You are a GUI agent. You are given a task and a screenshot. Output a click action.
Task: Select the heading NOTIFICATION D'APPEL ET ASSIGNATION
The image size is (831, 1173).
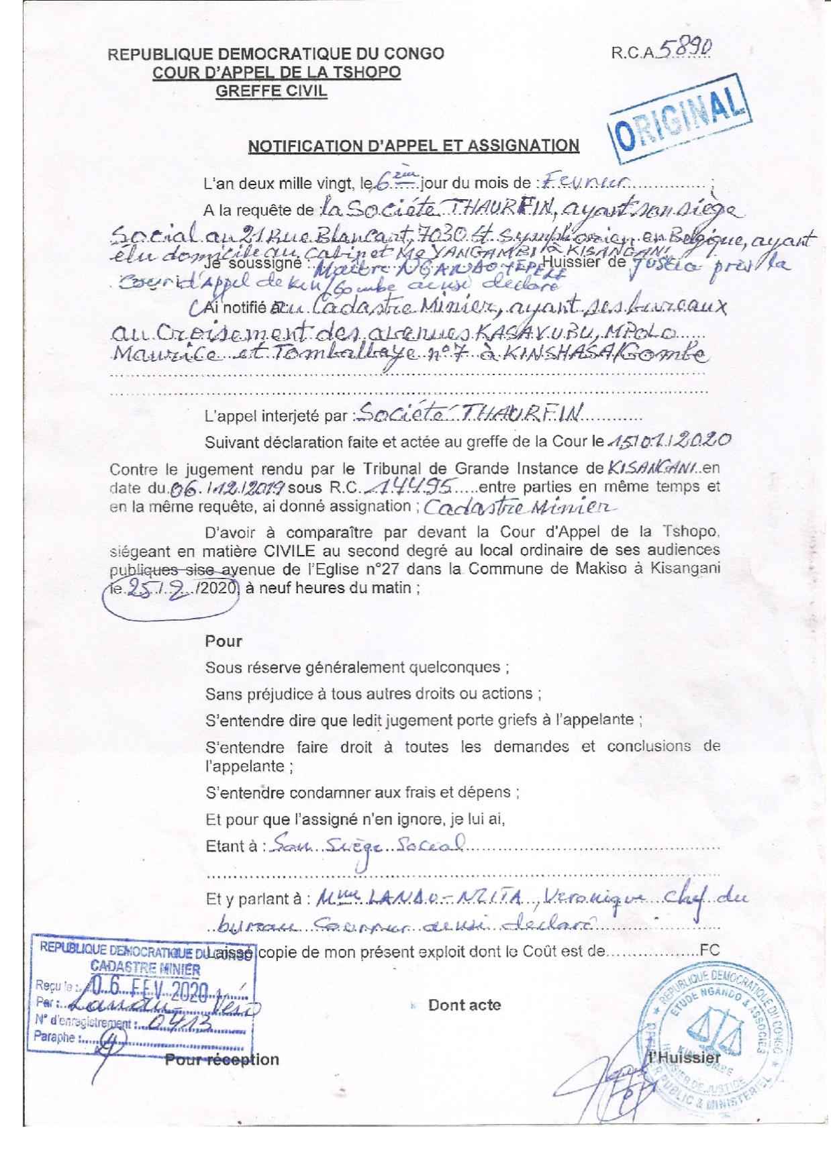pyautogui.click(x=413, y=146)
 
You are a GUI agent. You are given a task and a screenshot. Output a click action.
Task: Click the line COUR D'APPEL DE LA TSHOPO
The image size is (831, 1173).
pyautogui.click(x=277, y=72)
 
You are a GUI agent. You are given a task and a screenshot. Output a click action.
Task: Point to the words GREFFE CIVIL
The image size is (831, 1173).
pyautogui.click(x=271, y=91)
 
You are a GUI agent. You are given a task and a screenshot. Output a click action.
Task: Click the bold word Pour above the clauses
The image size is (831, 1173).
pyautogui.click(x=224, y=641)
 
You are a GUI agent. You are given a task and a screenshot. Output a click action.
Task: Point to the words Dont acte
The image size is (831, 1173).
pyautogui.click(x=465, y=1005)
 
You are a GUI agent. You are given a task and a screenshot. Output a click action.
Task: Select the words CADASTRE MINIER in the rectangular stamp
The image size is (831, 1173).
pyautogui.click(x=145, y=969)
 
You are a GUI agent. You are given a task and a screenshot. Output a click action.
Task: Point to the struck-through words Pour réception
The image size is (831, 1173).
pyautogui.click(x=222, y=1060)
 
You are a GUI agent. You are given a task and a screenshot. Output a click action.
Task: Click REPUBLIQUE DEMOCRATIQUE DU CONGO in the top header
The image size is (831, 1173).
pyautogui.click(x=276, y=54)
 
